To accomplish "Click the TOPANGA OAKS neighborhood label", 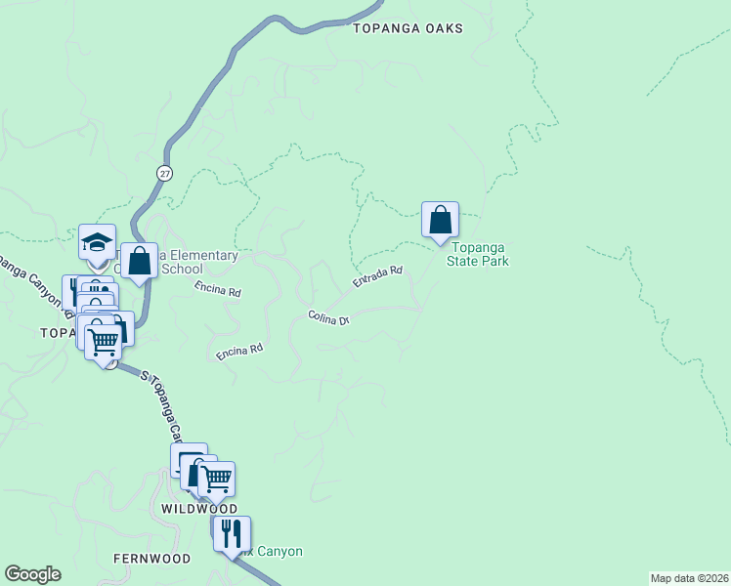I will click(x=408, y=29).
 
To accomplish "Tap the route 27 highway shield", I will click(x=163, y=173).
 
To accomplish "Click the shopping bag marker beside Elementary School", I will click(x=139, y=261).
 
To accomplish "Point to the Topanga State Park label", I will click(x=479, y=255).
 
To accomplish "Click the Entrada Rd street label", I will click(x=377, y=277).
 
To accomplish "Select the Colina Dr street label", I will click(x=328, y=317).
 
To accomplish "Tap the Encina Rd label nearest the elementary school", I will click(x=217, y=289).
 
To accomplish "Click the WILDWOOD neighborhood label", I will click(x=199, y=510).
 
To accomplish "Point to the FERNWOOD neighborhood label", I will click(x=150, y=558).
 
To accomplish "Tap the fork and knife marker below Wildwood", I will click(x=232, y=533).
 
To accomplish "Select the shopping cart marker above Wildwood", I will click(x=216, y=479).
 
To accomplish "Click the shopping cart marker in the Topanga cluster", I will click(x=104, y=342).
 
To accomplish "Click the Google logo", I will click(x=32, y=574).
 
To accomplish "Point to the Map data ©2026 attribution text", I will click(x=689, y=578).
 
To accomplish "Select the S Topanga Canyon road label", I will click(x=164, y=405).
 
